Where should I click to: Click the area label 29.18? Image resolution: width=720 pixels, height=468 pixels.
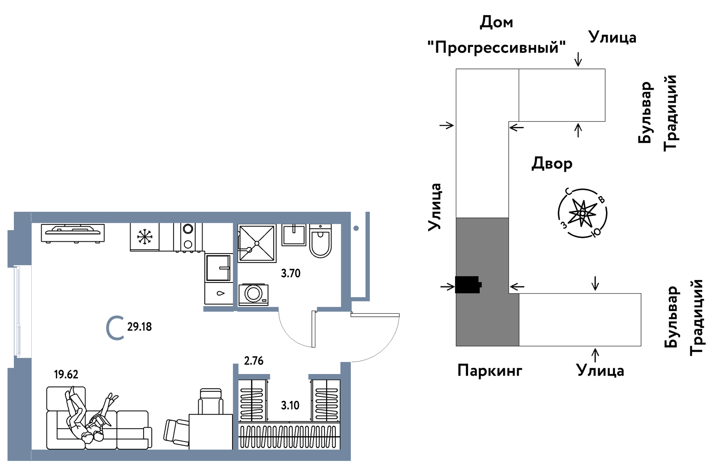tap(139, 327)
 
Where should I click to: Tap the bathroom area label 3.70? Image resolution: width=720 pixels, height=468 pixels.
tap(290, 273)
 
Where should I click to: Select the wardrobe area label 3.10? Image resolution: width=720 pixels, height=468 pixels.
tap(290, 406)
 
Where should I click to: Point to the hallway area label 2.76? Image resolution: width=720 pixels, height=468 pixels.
tap(253, 361)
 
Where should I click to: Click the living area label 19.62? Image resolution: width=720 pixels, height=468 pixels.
tap(66, 374)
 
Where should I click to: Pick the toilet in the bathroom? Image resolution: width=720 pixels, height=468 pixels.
tap(320, 242)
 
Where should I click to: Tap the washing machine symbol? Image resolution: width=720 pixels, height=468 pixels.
tap(253, 294)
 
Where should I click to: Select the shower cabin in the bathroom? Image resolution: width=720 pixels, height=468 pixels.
tap(257, 243)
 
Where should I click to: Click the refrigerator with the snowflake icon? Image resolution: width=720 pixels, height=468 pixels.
tap(144, 237)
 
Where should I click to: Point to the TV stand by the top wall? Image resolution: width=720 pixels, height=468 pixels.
tap(73, 233)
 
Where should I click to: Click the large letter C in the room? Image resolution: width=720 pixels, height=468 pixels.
tap(115, 328)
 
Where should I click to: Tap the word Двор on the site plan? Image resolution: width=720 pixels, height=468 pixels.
tap(552, 164)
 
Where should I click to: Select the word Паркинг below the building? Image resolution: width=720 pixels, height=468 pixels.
tap(490, 371)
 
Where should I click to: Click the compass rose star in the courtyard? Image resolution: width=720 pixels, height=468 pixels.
tap(582, 213)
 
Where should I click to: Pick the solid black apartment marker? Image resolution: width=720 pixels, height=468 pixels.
tap(468, 285)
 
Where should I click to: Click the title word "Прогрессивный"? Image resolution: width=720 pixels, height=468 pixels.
tap(496, 47)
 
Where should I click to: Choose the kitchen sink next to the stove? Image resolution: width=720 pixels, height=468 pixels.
tap(218, 268)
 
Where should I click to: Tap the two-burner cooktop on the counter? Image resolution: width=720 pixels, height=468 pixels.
tap(188, 237)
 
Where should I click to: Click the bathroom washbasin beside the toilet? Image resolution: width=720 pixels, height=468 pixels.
tap(294, 235)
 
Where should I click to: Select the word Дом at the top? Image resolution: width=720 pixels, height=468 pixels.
tap(496, 22)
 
